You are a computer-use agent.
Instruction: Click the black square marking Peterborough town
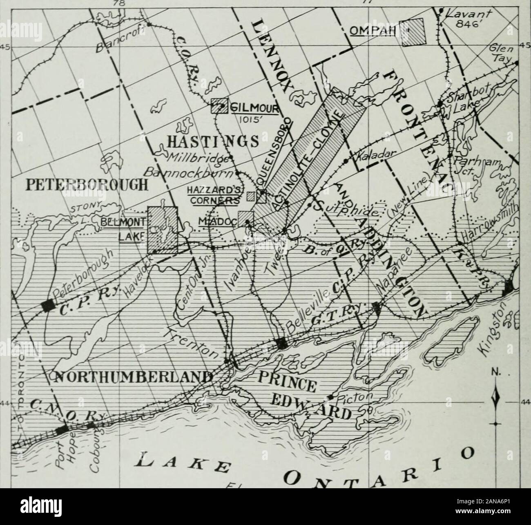point(48,306)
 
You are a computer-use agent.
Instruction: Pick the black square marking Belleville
point(281,343)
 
